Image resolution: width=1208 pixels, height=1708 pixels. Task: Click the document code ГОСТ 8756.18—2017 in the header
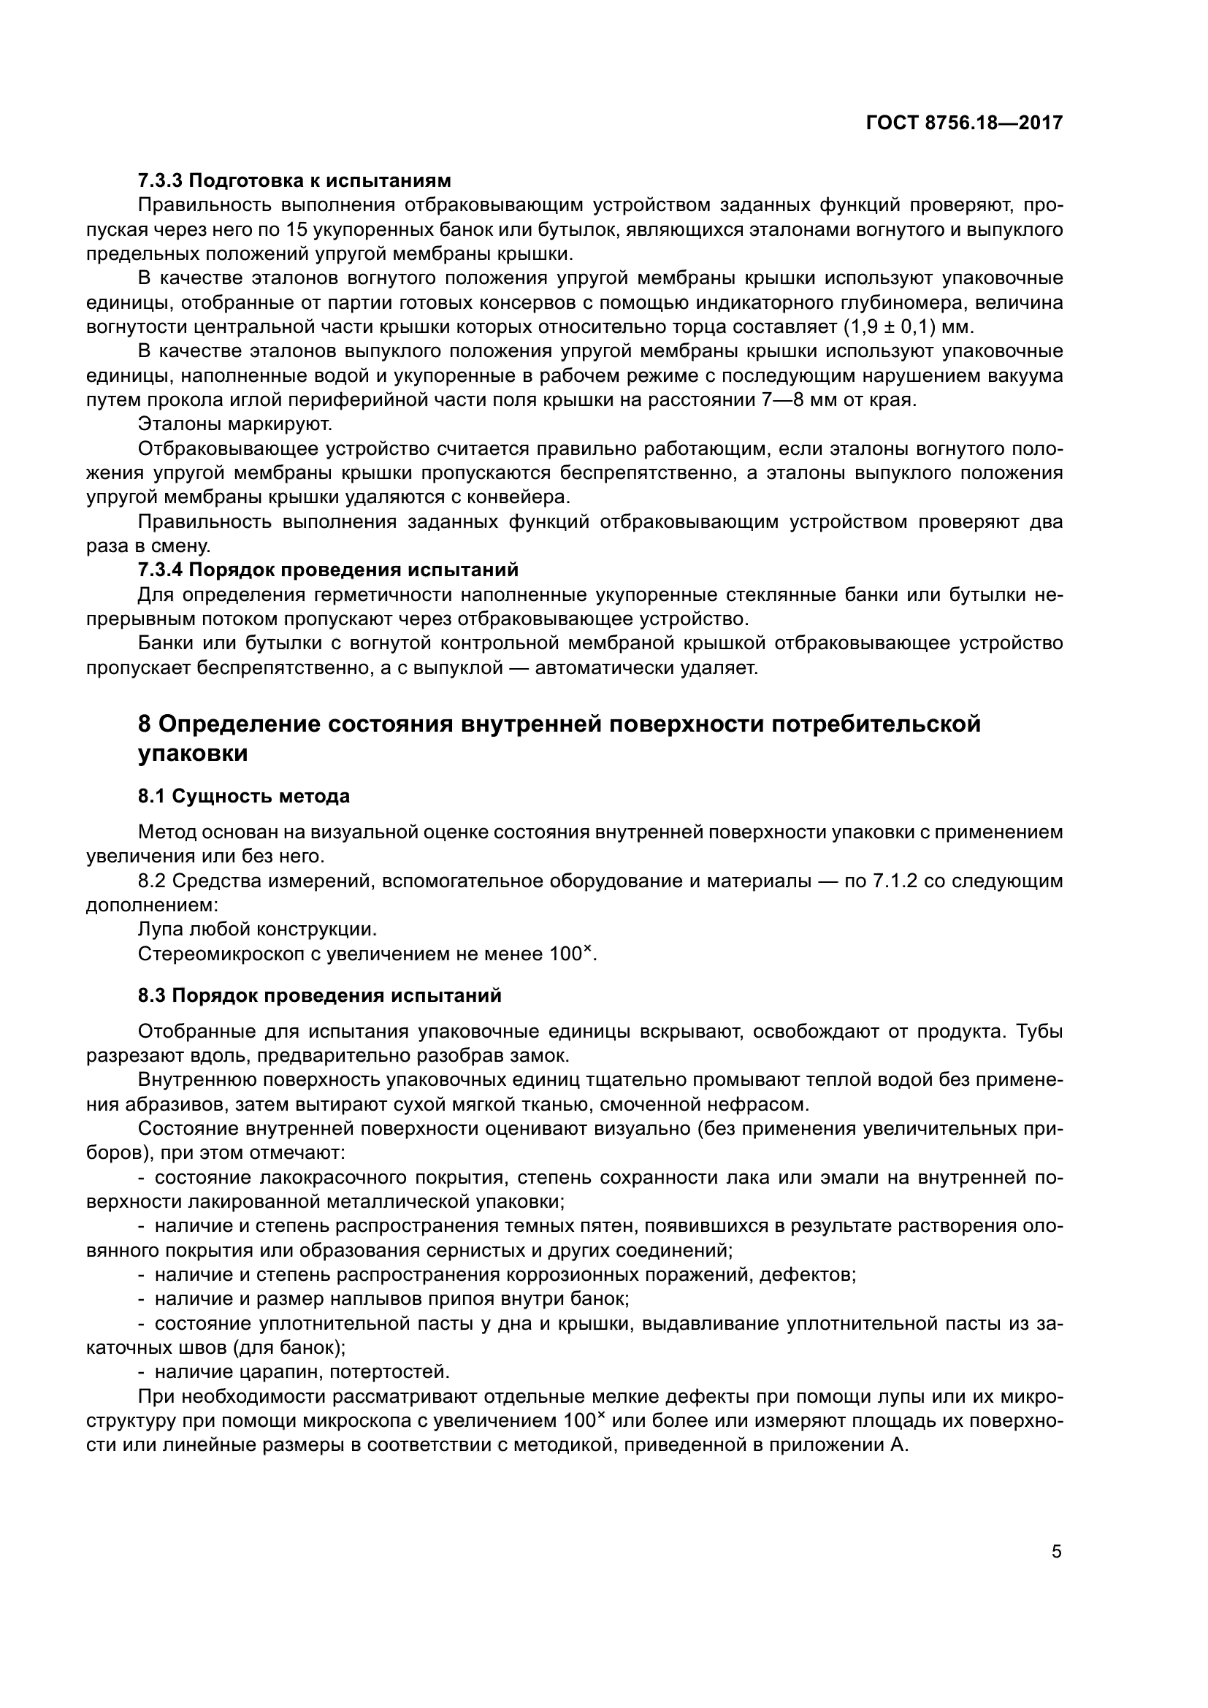tap(964, 123)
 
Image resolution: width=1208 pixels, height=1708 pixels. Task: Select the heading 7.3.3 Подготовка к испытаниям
tap(294, 181)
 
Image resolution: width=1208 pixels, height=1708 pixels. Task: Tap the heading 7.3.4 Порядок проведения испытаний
tap(328, 570)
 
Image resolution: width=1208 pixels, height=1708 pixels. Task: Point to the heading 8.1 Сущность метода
tap(243, 796)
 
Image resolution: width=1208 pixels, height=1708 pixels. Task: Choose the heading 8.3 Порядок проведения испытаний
tap(320, 995)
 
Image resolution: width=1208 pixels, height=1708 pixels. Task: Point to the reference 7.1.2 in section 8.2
tap(894, 881)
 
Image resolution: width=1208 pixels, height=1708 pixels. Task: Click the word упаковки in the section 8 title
tap(193, 754)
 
